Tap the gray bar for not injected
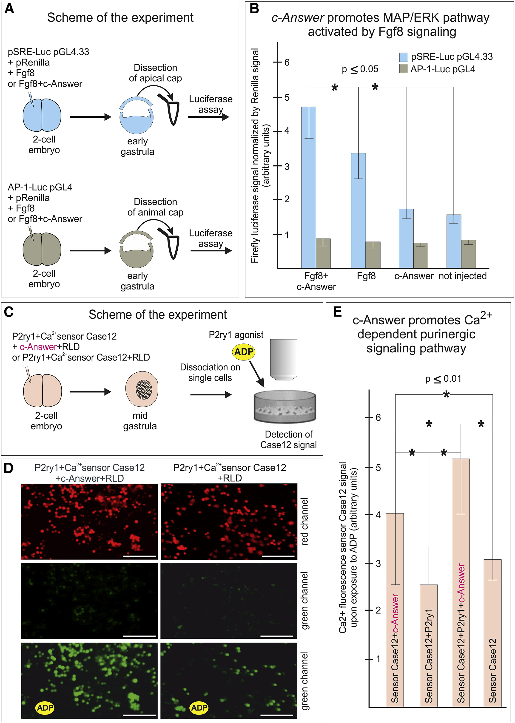468,254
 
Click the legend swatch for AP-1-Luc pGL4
403,68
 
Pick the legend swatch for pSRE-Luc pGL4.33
403,57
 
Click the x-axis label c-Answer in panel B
414,276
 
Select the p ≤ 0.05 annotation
360,69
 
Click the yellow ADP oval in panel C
244,352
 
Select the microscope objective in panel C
284,360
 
